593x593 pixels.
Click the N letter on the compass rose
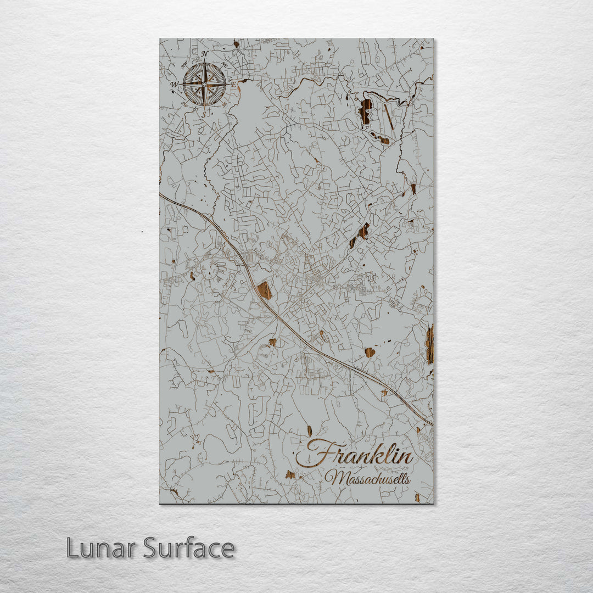(204, 54)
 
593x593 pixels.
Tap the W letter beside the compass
(174, 85)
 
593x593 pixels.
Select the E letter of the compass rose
(233, 85)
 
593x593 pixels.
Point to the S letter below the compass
(204, 114)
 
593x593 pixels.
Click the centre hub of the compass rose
(204, 84)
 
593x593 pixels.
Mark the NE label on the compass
(223, 65)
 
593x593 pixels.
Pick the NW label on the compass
(184, 65)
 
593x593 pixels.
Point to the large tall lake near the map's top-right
(366, 111)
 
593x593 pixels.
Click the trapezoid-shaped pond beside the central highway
(265, 290)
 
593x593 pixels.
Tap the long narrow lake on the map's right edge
(429, 344)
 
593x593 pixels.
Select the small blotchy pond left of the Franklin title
(290, 474)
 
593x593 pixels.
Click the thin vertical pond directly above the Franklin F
(309, 431)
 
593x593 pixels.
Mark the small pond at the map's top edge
(236, 43)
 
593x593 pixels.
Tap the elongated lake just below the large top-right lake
(380, 139)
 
